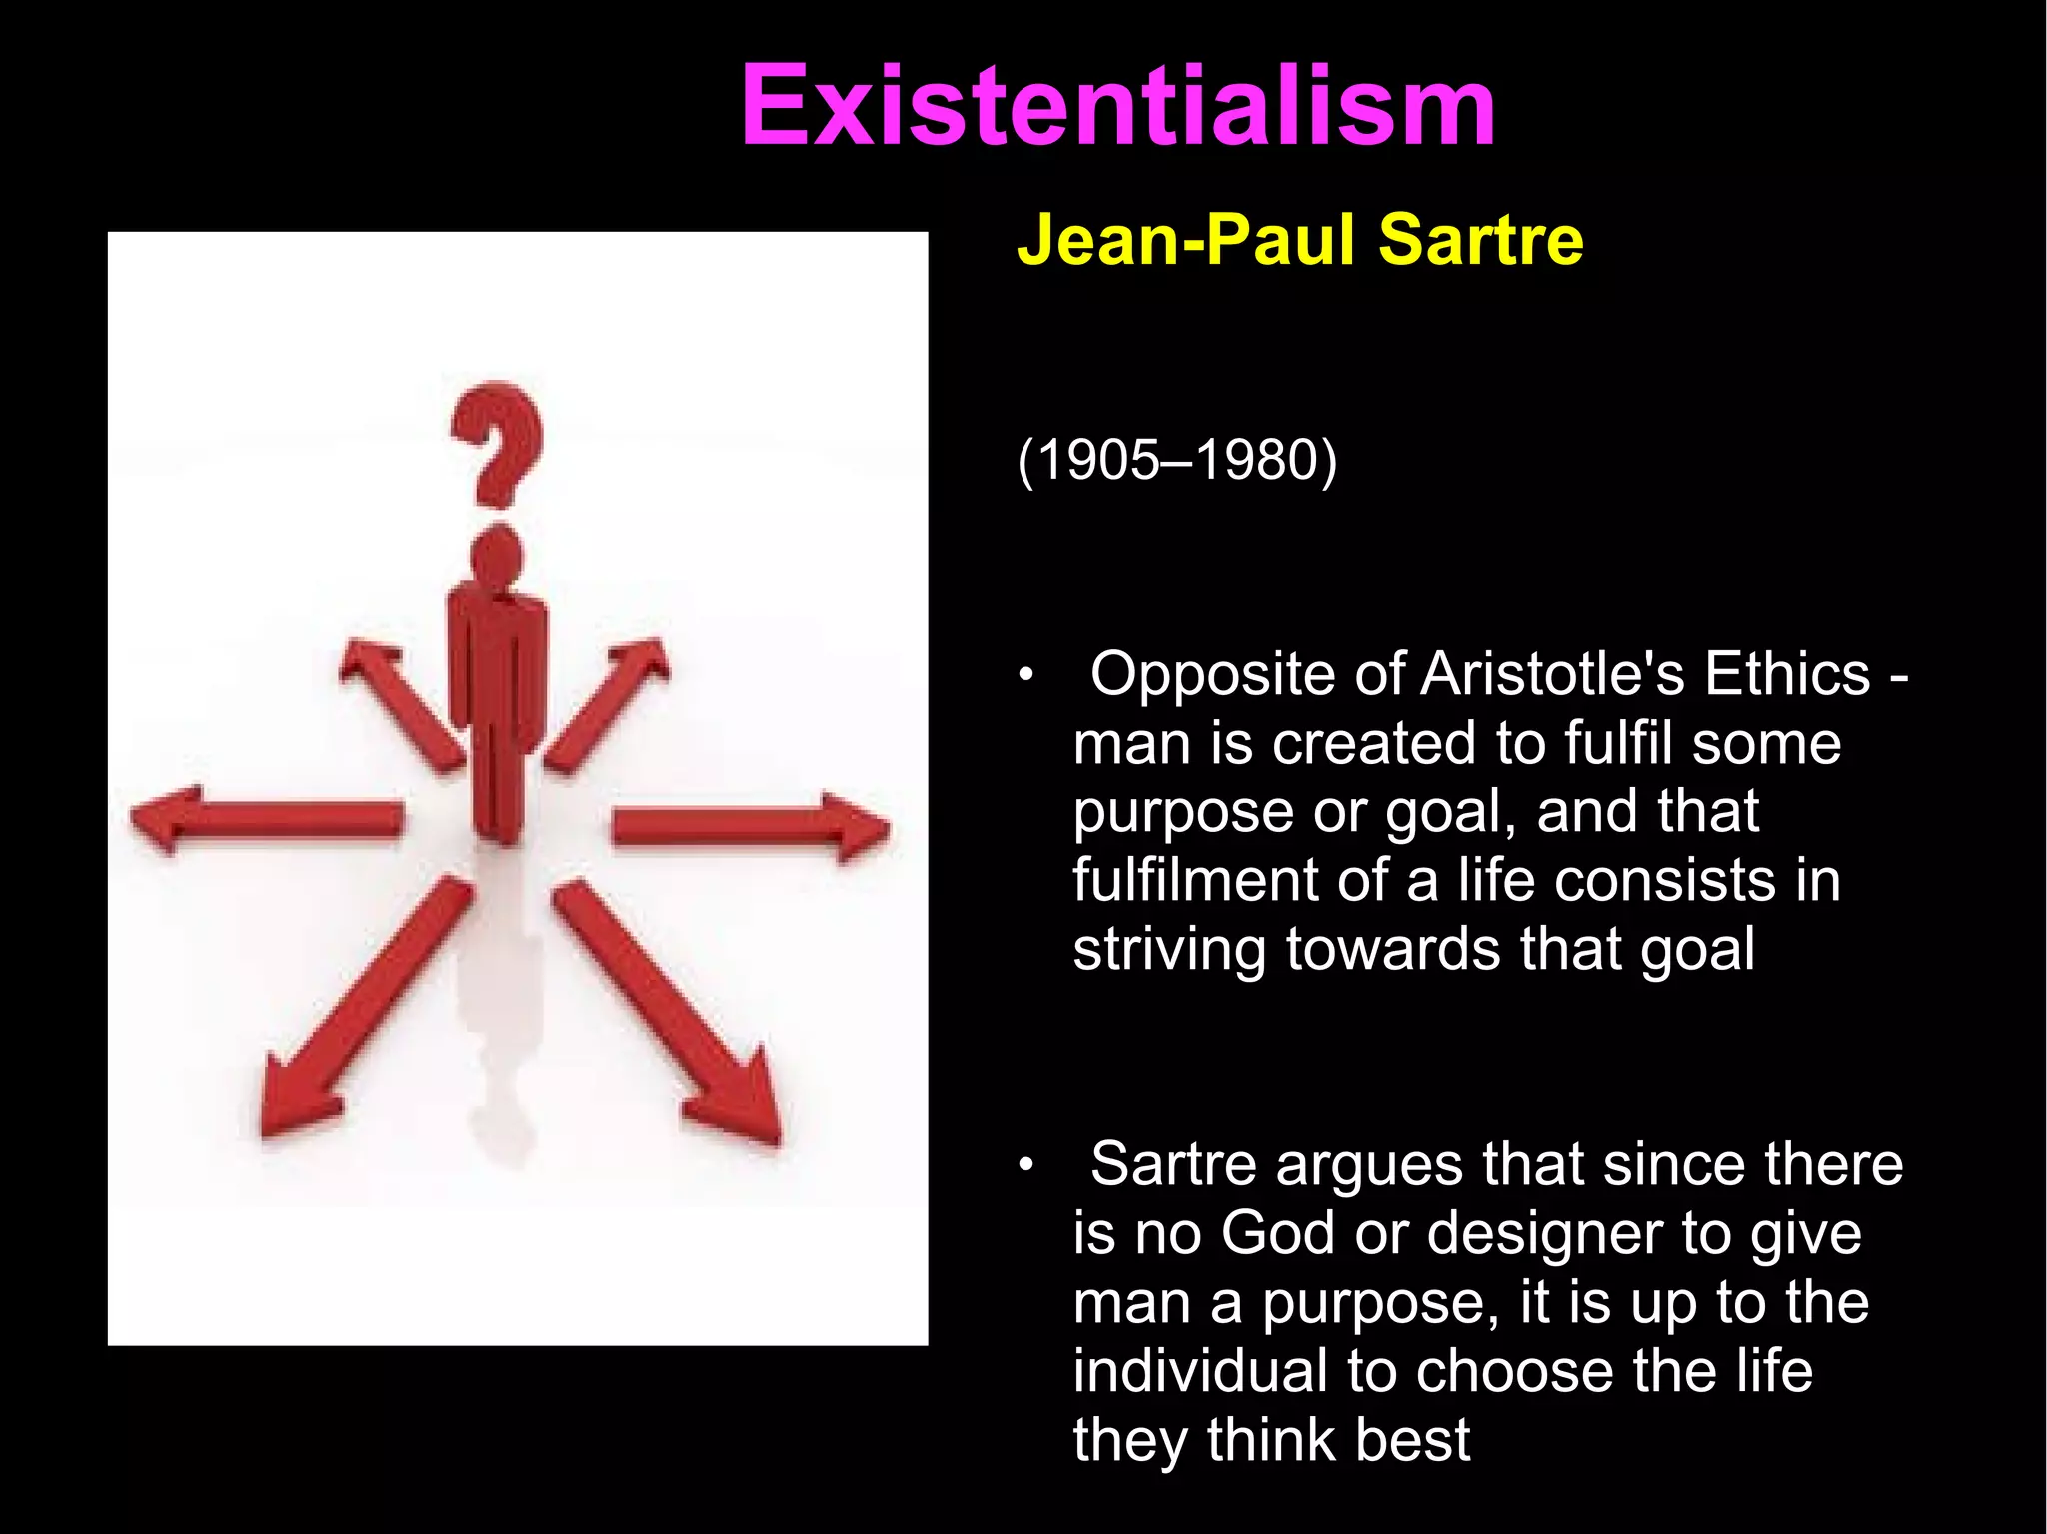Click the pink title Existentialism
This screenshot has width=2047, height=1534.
[1117, 106]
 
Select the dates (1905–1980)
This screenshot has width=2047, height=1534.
[1176, 461]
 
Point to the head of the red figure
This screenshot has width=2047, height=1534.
[496, 555]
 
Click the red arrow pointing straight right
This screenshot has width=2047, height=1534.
[750, 827]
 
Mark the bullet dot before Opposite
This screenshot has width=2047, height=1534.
[1024, 678]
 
